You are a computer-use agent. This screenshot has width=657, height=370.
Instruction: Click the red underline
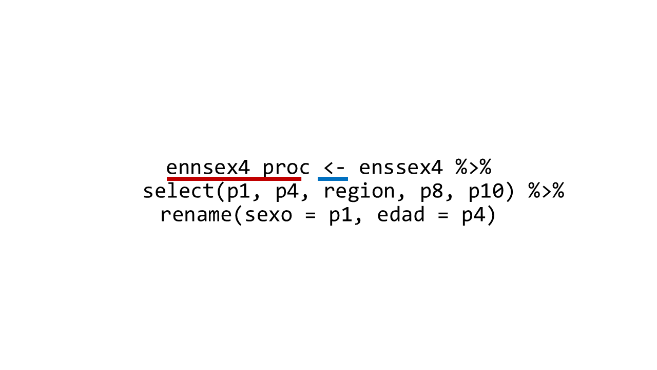point(234,178)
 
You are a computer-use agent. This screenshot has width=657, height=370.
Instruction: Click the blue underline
point(333,178)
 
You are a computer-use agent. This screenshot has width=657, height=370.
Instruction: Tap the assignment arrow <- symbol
point(334,168)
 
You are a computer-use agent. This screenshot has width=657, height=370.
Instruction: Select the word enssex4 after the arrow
point(401,168)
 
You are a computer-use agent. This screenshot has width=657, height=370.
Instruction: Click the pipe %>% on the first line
point(473,167)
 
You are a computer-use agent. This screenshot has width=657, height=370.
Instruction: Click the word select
point(178,190)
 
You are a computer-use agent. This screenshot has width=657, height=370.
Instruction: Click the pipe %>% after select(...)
point(546,191)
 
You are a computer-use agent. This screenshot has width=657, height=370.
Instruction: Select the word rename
point(196,215)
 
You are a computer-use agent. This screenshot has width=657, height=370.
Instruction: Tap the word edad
point(401,214)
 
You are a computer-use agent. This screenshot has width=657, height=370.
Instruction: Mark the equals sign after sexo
point(311,215)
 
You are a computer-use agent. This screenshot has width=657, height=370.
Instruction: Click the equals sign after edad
point(443,215)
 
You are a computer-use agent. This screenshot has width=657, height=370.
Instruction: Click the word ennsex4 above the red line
point(208,168)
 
